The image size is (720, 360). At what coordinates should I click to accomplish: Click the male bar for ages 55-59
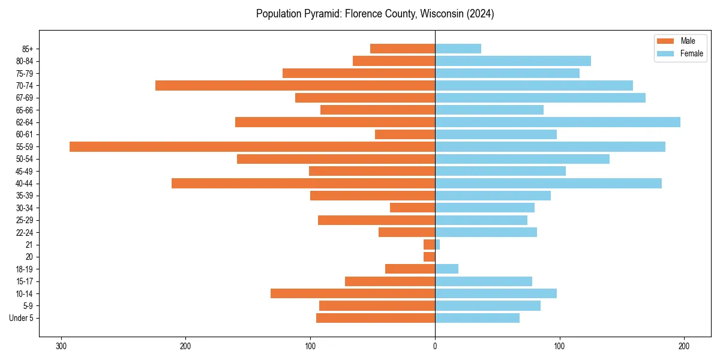coord(252,146)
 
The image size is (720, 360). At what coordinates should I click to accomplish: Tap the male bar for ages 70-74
coord(295,85)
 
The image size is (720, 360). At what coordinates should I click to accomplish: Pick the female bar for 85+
coord(458,49)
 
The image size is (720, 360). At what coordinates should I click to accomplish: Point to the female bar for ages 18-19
coord(446,269)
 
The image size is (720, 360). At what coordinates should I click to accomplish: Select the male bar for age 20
coord(429,257)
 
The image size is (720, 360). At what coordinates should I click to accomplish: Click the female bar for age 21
coord(437,245)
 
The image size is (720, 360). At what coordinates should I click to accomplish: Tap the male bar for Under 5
coord(376,318)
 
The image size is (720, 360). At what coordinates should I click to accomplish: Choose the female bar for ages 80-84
coord(513,61)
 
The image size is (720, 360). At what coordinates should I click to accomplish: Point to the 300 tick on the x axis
coord(61,346)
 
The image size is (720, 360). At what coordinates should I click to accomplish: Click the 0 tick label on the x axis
coord(435,346)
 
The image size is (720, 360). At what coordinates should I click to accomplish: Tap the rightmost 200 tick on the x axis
coord(684,346)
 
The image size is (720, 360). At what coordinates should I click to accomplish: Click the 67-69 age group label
coord(24,98)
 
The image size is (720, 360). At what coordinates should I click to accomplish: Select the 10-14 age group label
coord(24,293)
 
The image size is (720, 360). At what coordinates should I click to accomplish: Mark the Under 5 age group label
coord(21,318)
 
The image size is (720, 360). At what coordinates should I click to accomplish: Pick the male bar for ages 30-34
coord(412,208)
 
